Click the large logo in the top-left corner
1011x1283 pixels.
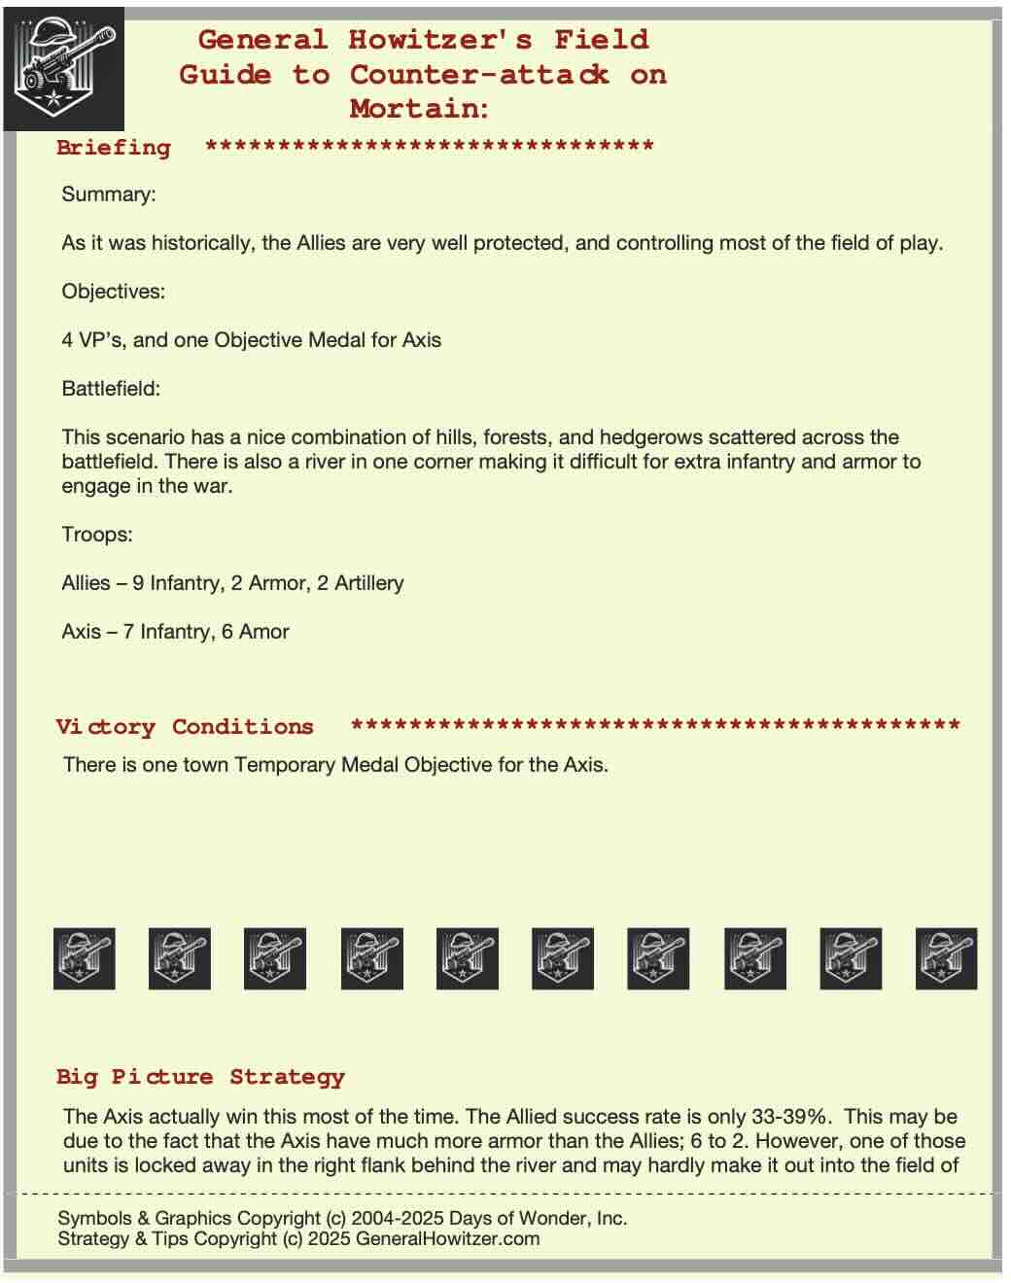point(63,69)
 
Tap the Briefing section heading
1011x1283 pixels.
point(114,148)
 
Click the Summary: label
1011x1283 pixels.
point(108,194)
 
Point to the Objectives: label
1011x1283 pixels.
point(113,292)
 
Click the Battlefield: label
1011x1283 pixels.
point(111,389)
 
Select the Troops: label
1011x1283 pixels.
point(97,535)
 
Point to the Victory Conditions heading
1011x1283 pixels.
point(185,727)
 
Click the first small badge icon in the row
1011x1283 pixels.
point(84,958)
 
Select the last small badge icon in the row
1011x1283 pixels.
point(946,958)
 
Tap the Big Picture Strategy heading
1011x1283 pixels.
point(200,1077)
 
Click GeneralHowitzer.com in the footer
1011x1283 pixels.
point(447,1239)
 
